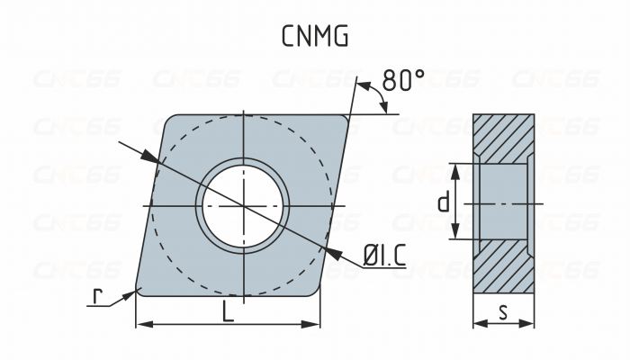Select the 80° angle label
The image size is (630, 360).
pos(402,80)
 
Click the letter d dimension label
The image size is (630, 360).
pos(443,203)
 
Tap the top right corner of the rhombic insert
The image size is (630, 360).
pos(346,118)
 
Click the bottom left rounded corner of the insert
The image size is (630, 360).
pos(139,289)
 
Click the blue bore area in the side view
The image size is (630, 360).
pos(504,203)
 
